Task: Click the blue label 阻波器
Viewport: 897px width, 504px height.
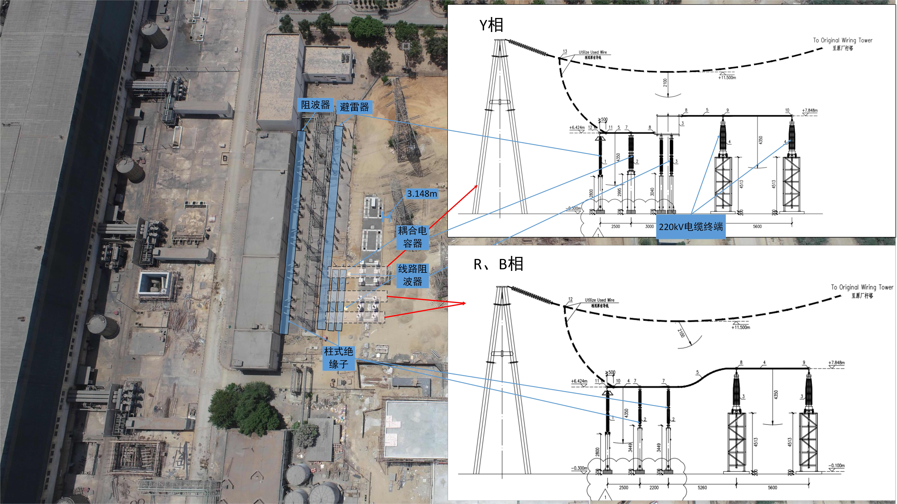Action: tap(315, 105)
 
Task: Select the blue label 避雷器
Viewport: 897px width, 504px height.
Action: tap(354, 107)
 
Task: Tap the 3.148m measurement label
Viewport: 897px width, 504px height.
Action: tap(422, 194)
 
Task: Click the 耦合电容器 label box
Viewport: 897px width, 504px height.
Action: tap(412, 237)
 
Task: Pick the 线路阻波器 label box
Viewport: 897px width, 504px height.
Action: tap(412, 275)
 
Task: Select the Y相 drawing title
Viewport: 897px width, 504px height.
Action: tap(491, 25)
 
